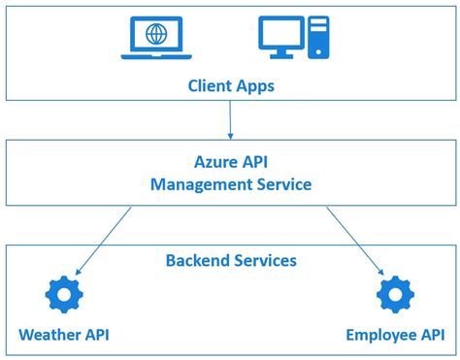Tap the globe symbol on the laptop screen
155,34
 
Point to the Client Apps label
230,85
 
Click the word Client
209,85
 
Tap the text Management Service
230,184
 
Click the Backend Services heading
230,261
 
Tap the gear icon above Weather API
63,294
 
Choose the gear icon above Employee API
395,294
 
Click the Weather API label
63,336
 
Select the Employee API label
394,336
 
